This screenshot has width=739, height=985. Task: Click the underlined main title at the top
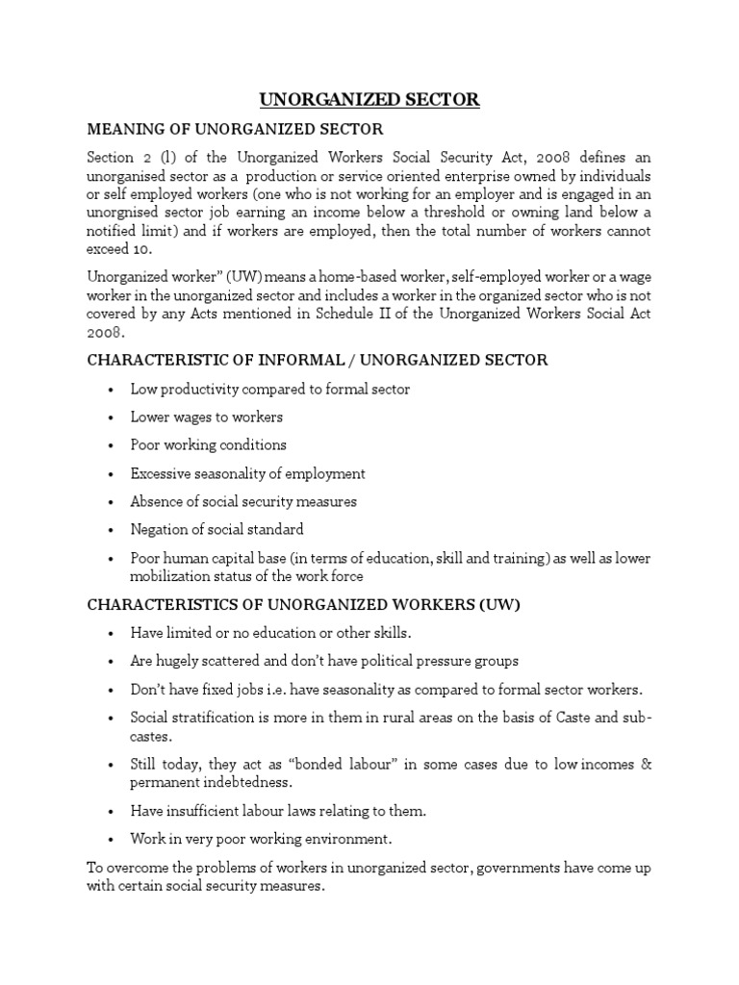point(369,100)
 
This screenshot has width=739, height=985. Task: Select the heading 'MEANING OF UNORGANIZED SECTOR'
point(236,129)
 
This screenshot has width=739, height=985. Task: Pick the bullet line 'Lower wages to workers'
point(207,417)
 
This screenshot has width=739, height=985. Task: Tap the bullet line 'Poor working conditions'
point(209,445)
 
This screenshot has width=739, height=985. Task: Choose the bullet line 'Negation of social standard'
point(217,529)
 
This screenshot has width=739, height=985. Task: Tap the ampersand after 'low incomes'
point(647,765)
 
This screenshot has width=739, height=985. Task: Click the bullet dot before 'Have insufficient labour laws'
point(112,811)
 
